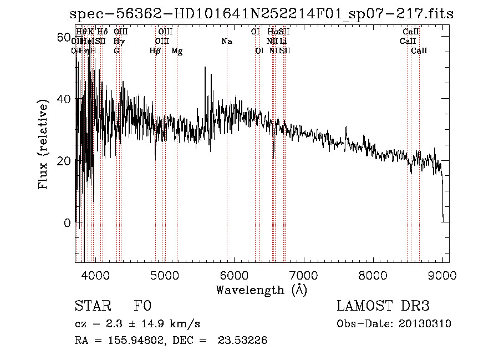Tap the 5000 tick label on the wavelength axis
pyautogui.click(x=164, y=275)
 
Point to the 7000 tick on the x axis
pyautogui.click(x=303, y=275)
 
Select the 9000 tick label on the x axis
pyautogui.click(x=442, y=275)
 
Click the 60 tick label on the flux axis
pyautogui.click(x=64, y=37)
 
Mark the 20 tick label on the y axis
pyautogui.click(x=64, y=161)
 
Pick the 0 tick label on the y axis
pyautogui.click(x=67, y=223)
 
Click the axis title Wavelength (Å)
pyautogui.click(x=261, y=290)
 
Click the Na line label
pyautogui.click(x=226, y=42)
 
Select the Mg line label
pyautogui.click(x=177, y=51)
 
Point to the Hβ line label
pyautogui.click(x=155, y=51)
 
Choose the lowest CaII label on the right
pyautogui.click(x=419, y=51)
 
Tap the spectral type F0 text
pyautogui.click(x=143, y=306)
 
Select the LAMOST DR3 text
pyautogui.click(x=383, y=306)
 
